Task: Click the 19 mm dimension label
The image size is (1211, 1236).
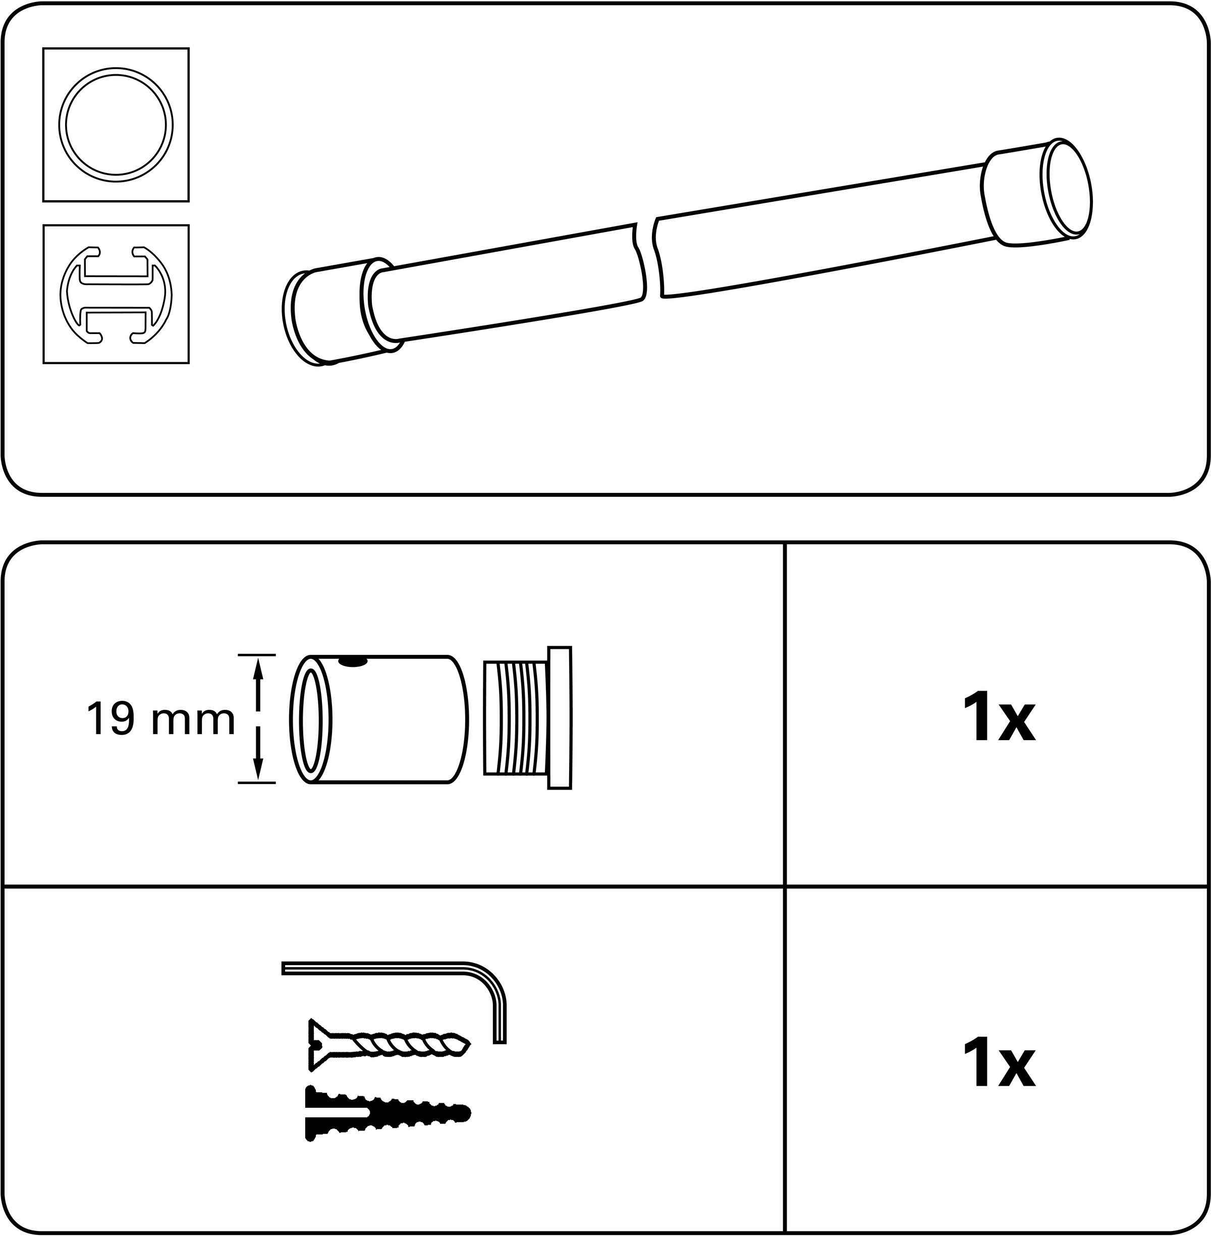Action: click(x=160, y=719)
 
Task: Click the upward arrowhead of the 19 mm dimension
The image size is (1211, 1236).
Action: click(x=258, y=668)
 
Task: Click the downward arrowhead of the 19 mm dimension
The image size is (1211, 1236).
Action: click(x=258, y=769)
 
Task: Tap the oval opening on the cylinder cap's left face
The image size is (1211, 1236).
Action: click(x=309, y=720)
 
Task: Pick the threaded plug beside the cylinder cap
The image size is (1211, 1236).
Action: click(x=527, y=718)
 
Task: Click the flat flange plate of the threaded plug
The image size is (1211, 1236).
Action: click(x=560, y=718)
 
